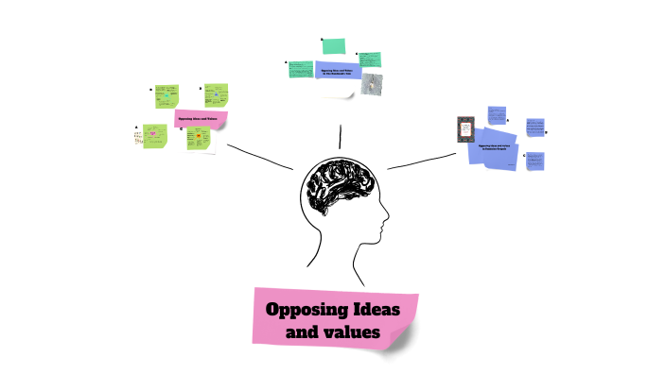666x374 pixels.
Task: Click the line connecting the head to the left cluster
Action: pyautogui.click(x=259, y=158)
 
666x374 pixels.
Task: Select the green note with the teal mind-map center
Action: pyautogui.click(x=166, y=96)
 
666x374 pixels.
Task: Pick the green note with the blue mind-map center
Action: pyautogui.click(x=217, y=96)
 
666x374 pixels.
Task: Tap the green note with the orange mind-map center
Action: pyautogui.click(x=199, y=140)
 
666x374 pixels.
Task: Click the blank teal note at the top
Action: pyautogui.click(x=333, y=46)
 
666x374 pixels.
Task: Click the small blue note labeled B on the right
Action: pyautogui.click(x=535, y=127)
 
